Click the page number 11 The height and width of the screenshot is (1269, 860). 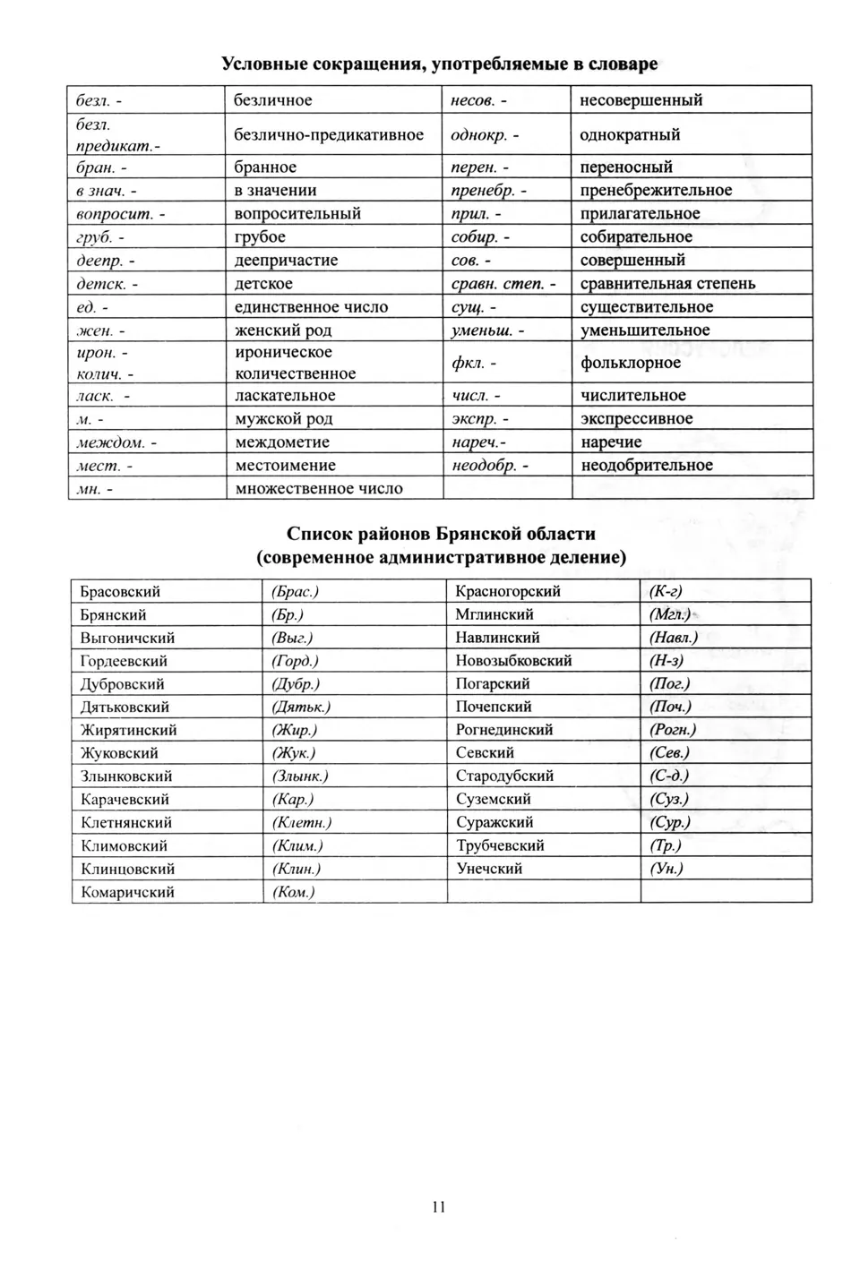pyautogui.click(x=438, y=1206)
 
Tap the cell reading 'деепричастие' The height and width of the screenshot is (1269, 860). pyautogui.click(x=286, y=261)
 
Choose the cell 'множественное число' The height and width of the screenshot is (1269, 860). pyautogui.click(x=319, y=489)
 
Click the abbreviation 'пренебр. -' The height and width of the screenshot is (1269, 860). pyautogui.click(x=489, y=191)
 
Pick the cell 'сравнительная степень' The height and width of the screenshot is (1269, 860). pyautogui.click(x=667, y=284)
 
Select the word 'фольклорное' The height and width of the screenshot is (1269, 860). pyautogui.click(x=631, y=363)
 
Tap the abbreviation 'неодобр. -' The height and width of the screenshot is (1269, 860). pyautogui.click(x=490, y=466)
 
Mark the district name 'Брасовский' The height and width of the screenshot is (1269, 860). pyautogui.click(x=120, y=592)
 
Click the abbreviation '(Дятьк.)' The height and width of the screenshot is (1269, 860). pyautogui.click(x=301, y=707)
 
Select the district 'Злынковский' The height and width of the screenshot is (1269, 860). pyautogui.click(x=126, y=776)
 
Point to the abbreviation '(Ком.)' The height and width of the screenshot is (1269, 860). pyautogui.click(x=293, y=892)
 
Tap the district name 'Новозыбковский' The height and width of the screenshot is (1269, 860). pyautogui.click(x=513, y=661)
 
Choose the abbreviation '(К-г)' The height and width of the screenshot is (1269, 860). pyautogui.click(x=666, y=591)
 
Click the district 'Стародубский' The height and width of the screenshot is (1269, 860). pyautogui.click(x=504, y=776)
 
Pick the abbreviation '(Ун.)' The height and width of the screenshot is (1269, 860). pyautogui.click(x=666, y=869)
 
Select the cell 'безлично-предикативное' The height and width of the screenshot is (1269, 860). pyautogui.click(x=329, y=135)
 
